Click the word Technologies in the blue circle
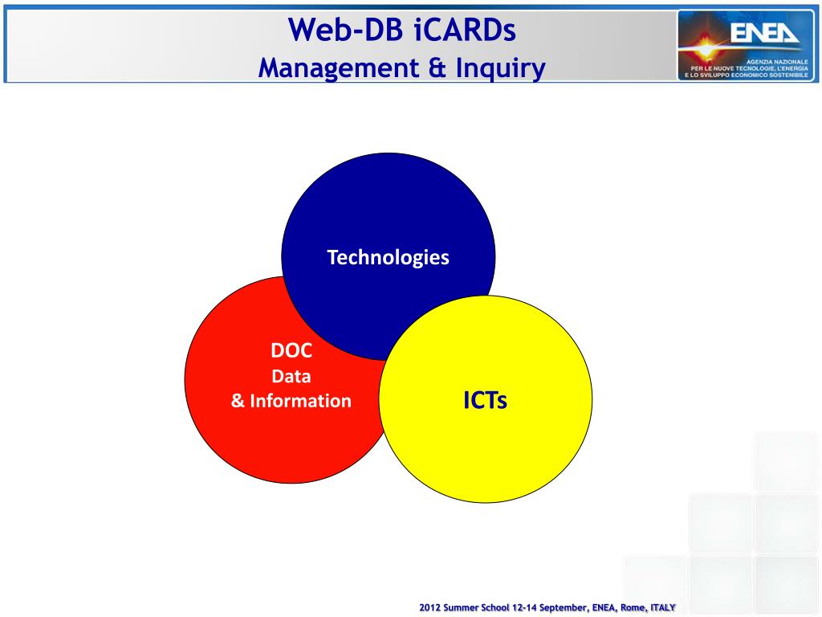tap(388, 258)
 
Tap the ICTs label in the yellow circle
tap(485, 400)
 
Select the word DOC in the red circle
tap(291, 350)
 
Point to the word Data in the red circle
tap(291, 376)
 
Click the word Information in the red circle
tap(300, 401)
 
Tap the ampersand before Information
tap(238, 401)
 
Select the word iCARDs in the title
tap(465, 30)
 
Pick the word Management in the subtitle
tap(339, 68)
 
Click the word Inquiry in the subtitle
tap(501, 69)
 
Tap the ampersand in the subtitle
tap(437, 68)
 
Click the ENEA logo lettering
tap(764, 33)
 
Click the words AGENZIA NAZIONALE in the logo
tap(777, 62)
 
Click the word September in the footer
tap(564, 607)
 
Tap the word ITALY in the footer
tap(663, 607)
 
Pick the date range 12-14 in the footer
tap(524, 607)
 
